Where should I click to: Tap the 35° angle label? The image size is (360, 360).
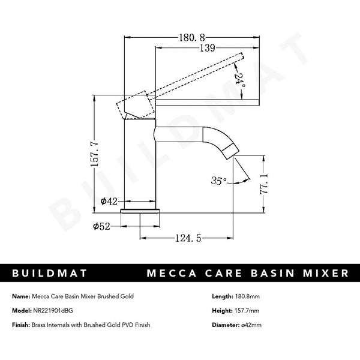[x=219, y=180]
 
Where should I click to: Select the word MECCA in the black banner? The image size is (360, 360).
[x=173, y=274]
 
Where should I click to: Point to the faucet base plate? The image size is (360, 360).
[x=142, y=210]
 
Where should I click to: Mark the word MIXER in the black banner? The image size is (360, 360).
[x=326, y=274]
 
